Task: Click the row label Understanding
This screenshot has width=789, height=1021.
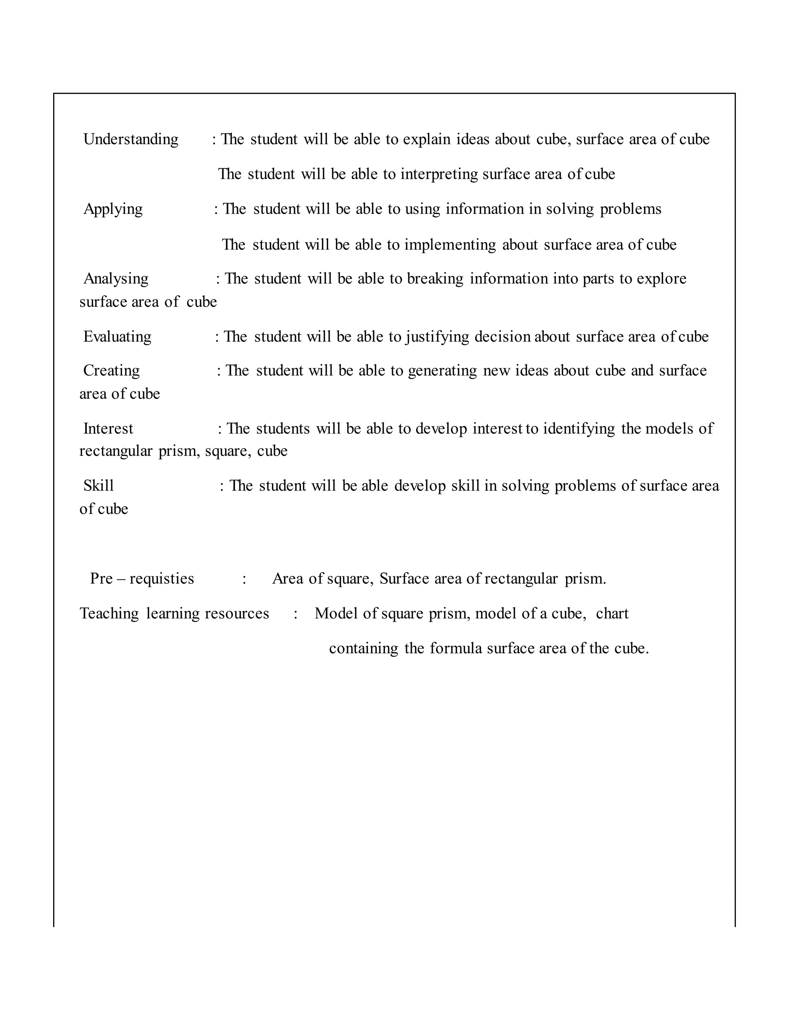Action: click(131, 139)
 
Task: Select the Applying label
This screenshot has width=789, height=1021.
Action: click(113, 209)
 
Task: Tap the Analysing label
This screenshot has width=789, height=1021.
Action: click(116, 279)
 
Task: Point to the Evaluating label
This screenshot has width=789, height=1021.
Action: click(118, 337)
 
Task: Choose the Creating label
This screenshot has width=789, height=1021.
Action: click(111, 370)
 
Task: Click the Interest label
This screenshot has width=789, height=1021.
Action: click(108, 428)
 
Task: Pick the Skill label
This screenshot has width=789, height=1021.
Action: click(99, 486)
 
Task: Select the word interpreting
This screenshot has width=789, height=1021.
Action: click(439, 174)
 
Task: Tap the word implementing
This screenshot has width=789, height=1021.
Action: click(450, 245)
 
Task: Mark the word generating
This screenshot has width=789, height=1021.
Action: click(442, 370)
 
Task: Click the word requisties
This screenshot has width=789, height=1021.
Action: click(162, 579)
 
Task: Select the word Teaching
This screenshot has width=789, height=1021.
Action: click(109, 613)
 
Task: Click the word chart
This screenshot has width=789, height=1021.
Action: click(612, 613)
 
